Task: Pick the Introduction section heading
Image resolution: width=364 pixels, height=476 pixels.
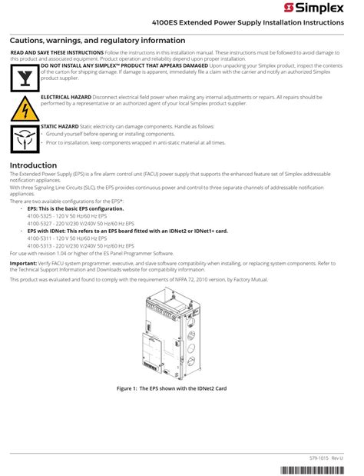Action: [x=33, y=165]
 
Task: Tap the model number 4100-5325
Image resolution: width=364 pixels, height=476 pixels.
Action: [x=41, y=215]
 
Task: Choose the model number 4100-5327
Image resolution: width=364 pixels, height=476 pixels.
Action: [x=41, y=222]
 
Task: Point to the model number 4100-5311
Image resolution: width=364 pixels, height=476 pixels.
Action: [x=41, y=238]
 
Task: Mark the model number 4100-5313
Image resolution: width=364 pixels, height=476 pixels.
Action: [x=41, y=245]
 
